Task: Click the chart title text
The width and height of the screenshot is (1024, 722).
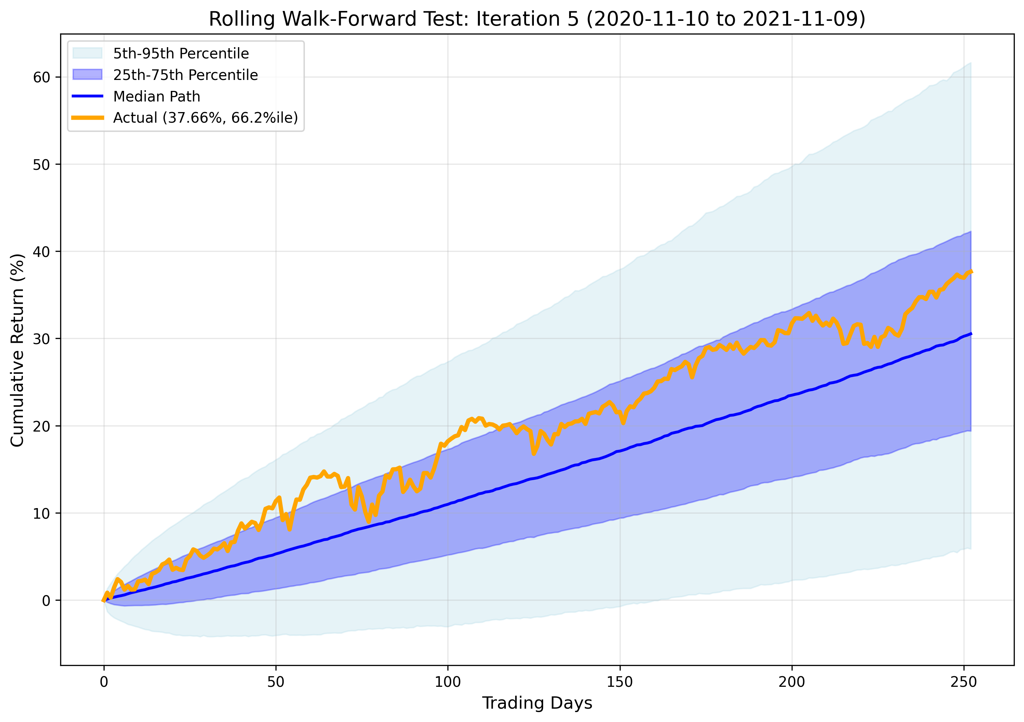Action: pyautogui.click(x=537, y=19)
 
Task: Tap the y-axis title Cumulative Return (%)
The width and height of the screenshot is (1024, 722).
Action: pyautogui.click(x=17, y=350)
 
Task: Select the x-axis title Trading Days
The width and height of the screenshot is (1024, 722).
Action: pyautogui.click(x=537, y=703)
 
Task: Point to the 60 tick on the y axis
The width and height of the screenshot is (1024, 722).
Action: pyautogui.click(x=41, y=77)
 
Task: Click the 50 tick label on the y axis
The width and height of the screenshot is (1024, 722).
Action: pyautogui.click(x=41, y=165)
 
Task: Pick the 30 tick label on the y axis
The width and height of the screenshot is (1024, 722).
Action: pyautogui.click(x=41, y=339)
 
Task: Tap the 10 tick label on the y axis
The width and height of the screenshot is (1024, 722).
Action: pyautogui.click(x=41, y=513)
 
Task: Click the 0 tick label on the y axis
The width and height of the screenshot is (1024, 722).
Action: pyautogui.click(x=46, y=601)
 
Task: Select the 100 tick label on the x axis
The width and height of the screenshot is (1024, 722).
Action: pyautogui.click(x=448, y=682)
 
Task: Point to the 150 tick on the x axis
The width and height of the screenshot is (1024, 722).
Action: pyautogui.click(x=620, y=682)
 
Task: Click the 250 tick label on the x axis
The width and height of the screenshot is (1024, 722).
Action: pyautogui.click(x=964, y=682)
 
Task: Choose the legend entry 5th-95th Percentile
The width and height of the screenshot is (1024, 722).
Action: pyautogui.click(x=180, y=54)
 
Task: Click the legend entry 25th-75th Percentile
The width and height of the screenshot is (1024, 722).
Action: pyautogui.click(x=185, y=75)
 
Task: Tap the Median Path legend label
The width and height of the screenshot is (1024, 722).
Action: pyautogui.click(x=157, y=96)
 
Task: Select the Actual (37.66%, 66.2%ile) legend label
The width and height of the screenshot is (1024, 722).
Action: pyautogui.click(x=205, y=118)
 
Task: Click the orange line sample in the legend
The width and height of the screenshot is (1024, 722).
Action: pyautogui.click(x=87, y=118)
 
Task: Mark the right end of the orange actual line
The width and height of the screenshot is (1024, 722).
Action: pyautogui.click(x=971, y=272)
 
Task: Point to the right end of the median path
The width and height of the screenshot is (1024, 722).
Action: pyautogui.click(x=971, y=333)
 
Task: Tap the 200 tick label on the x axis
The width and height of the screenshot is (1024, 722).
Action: pyautogui.click(x=792, y=682)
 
